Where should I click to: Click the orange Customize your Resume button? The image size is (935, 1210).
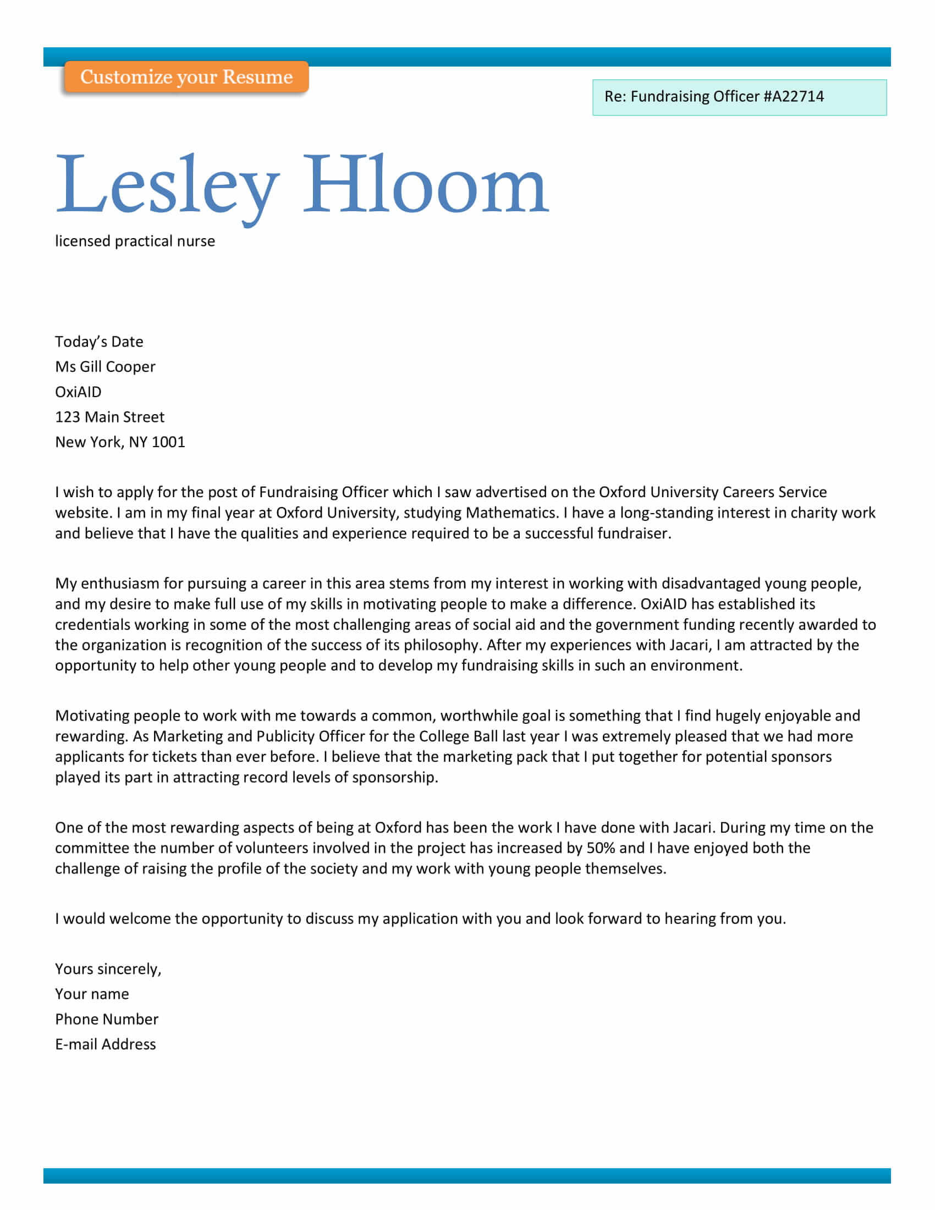coord(186,77)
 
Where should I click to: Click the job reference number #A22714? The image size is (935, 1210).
coord(793,96)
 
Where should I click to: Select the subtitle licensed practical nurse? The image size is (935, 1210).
coord(135,241)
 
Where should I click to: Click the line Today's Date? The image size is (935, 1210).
coord(99,342)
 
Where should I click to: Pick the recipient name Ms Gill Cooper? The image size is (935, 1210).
coord(105,367)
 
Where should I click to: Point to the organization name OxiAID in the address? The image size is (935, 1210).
coord(78,392)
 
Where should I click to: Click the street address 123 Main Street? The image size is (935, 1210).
coord(109,417)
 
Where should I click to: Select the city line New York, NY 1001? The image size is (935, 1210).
coord(120,442)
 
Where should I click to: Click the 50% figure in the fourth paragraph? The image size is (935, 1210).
coord(601,848)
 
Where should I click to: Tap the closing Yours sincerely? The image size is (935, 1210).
coord(108,969)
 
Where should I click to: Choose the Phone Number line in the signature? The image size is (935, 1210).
coord(106,1019)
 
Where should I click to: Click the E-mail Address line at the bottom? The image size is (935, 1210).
coord(105,1044)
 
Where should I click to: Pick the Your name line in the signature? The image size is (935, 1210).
coord(92,994)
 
